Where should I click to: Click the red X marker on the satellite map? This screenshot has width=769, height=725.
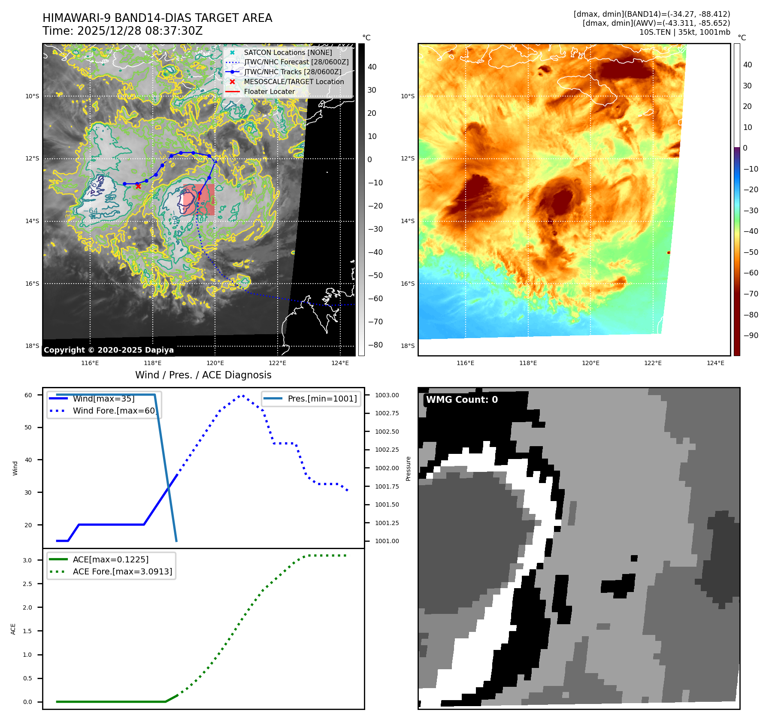138,186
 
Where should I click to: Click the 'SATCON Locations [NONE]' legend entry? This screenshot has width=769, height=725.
288,52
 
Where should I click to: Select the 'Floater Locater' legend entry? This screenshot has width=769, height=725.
269,91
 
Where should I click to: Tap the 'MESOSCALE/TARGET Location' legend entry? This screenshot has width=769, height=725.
294,82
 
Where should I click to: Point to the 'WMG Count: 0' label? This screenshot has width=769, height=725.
462,400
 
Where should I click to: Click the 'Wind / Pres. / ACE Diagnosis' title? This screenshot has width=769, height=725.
203,375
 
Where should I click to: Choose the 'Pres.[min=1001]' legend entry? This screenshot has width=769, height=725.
322,399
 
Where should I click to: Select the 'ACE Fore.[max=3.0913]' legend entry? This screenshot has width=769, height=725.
122,571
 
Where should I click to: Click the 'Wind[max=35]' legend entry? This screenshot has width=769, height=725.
103,399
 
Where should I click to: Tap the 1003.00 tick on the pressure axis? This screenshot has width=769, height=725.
387,395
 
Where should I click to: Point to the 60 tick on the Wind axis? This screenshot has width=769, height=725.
28,395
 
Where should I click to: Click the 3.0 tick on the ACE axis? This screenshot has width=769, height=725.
27,560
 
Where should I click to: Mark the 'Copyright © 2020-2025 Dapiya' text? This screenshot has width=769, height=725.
109,350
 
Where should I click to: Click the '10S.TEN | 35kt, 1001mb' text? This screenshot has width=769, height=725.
684,32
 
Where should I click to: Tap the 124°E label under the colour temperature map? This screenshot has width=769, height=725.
715,363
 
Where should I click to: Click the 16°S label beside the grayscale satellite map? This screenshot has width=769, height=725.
32,284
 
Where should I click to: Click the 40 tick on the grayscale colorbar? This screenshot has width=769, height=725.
372,67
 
